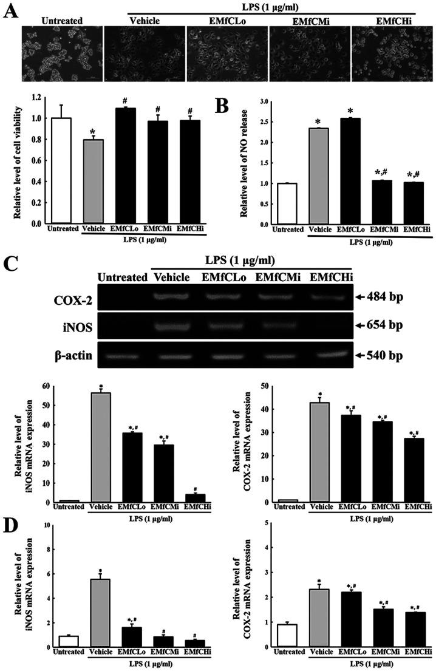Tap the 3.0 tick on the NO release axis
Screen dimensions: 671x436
[264, 103]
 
